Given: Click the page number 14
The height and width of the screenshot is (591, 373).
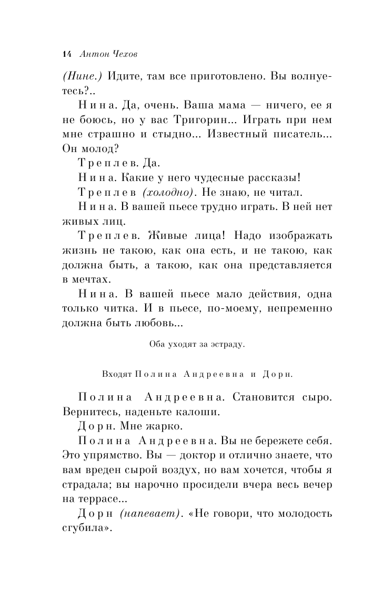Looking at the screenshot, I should [x=66, y=54].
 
